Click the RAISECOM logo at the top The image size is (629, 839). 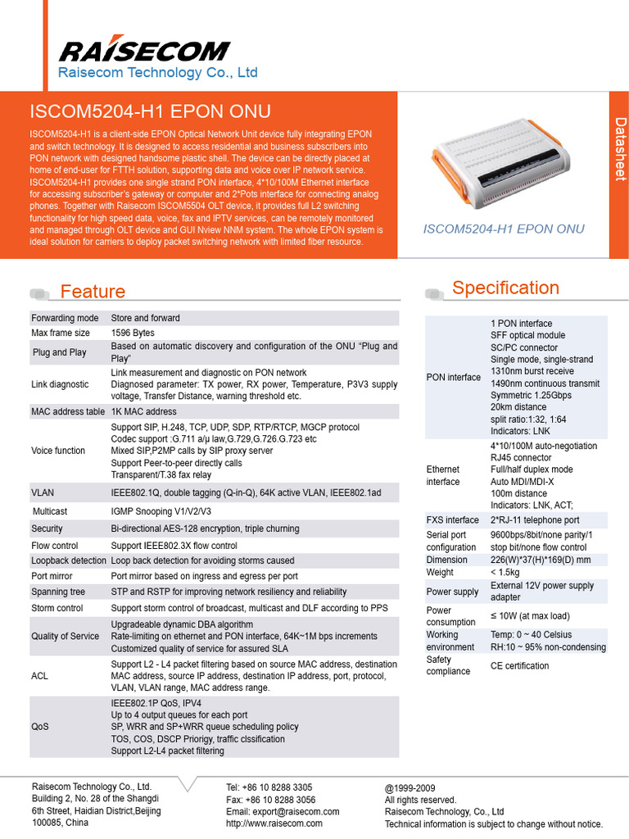[x=144, y=51]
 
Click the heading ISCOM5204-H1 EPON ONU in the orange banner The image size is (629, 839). [x=150, y=111]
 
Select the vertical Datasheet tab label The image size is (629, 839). [x=620, y=148]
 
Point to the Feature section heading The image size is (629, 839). [x=93, y=292]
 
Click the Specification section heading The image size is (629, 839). [x=505, y=288]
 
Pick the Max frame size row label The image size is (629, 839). [x=61, y=333]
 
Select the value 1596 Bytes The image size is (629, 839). [x=133, y=333]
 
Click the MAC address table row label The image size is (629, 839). [x=68, y=411]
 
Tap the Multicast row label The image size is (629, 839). [x=50, y=511]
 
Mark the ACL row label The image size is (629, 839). [x=39, y=676]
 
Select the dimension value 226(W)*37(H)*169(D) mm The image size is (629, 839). [x=541, y=560]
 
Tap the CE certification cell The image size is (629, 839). [x=520, y=665]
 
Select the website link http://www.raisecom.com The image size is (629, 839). [x=274, y=823]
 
